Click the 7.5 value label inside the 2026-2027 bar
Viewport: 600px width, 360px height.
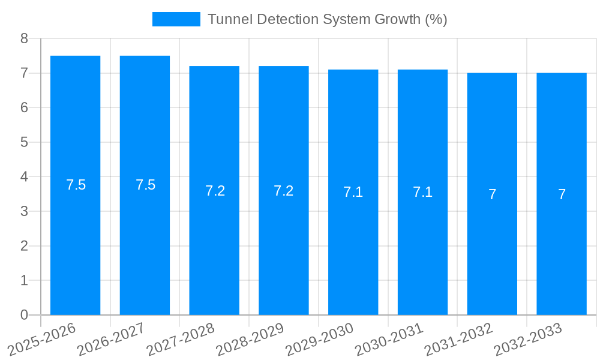pos(145,185)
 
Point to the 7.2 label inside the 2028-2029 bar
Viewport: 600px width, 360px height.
pos(283,191)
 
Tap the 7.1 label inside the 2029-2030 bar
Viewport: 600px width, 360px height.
pos(353,193)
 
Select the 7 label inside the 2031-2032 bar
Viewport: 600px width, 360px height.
pos(492,194)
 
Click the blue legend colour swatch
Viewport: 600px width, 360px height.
pos(176,19)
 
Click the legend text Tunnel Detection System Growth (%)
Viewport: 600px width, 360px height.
pos(327,19)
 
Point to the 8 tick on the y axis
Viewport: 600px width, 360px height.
pos(24,38)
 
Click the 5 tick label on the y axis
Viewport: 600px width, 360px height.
pos(24,142)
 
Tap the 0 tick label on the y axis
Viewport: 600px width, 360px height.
pos(24,315)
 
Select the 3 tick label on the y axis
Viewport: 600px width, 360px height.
pos(24,211)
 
